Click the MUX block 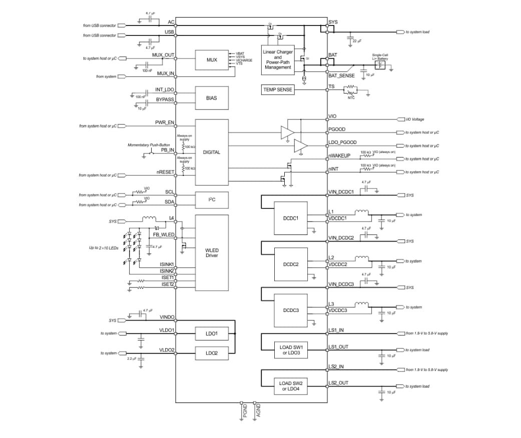coord(212,60)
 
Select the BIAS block coord(212,98)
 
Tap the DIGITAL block coord(212,152)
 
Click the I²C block coord(212,200)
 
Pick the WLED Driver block coord(212,252)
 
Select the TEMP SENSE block coord(278,89)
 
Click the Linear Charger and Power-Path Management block coord(278,59)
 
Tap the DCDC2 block coord(291,264)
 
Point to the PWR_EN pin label coord(164,122)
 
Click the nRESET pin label coord(165,172)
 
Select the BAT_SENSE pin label coord(341,76)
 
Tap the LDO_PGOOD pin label coord(342,142)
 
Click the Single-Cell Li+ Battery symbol coord(380,65)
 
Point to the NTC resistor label coord(351,98)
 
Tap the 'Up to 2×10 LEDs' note coord(104,247)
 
